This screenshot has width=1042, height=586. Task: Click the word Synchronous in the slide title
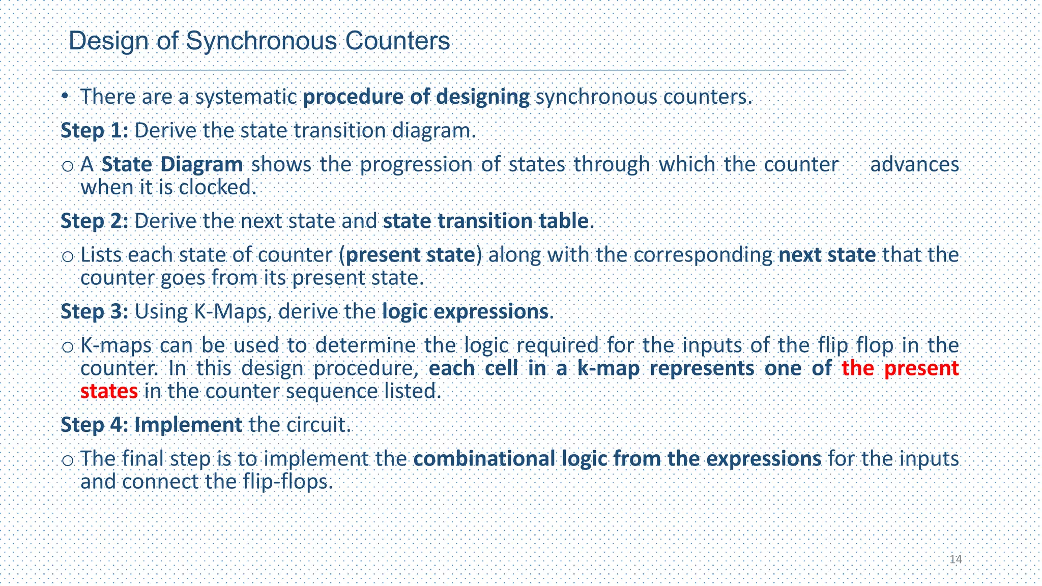click(x=261, y=41)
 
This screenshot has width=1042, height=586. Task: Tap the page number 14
click(x=956, y=560)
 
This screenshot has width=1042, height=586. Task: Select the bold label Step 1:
click(x=94, y=131)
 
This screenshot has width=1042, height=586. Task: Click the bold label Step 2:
click(x=94, y=221)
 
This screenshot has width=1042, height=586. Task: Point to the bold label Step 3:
click(x=94, y=311)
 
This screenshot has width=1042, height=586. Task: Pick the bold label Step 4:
click(x=94, y=425)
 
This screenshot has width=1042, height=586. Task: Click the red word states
click(x=109, y=391)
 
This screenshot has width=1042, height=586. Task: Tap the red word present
click(x=921, y=368)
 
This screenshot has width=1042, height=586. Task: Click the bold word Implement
click(x=188, y=425)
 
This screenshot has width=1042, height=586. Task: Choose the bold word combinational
click(x=485, y=459)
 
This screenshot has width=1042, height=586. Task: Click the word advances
click(x=914, y=164)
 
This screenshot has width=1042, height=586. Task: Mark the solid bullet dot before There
click(x=65, y=96)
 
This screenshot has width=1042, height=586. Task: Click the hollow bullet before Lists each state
click(x=67, y=256)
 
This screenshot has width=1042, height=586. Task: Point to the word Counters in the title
click(x=397, y=41)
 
